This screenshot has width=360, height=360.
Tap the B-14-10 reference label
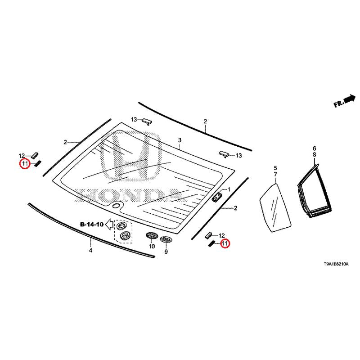click(92, 224)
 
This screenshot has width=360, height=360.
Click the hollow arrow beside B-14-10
click(108, 225)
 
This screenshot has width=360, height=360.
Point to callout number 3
click(179, 140)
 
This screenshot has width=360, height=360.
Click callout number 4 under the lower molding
click(90, 250)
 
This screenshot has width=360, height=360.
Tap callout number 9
click(166, 252)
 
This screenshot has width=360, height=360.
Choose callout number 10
click(151, 247)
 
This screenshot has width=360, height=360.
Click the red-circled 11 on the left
click(24, 163)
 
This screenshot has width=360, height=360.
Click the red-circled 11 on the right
click(224, 243)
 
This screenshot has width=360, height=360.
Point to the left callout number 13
click(134, 119)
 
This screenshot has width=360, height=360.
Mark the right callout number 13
click(238, 155)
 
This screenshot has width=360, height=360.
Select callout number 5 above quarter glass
click(275, 168)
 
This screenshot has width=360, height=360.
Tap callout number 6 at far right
click(315, 148)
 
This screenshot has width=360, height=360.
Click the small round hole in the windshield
click(116, 206)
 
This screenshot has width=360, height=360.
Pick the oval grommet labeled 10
click(151, 235)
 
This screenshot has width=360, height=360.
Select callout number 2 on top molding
click(205, 121)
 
